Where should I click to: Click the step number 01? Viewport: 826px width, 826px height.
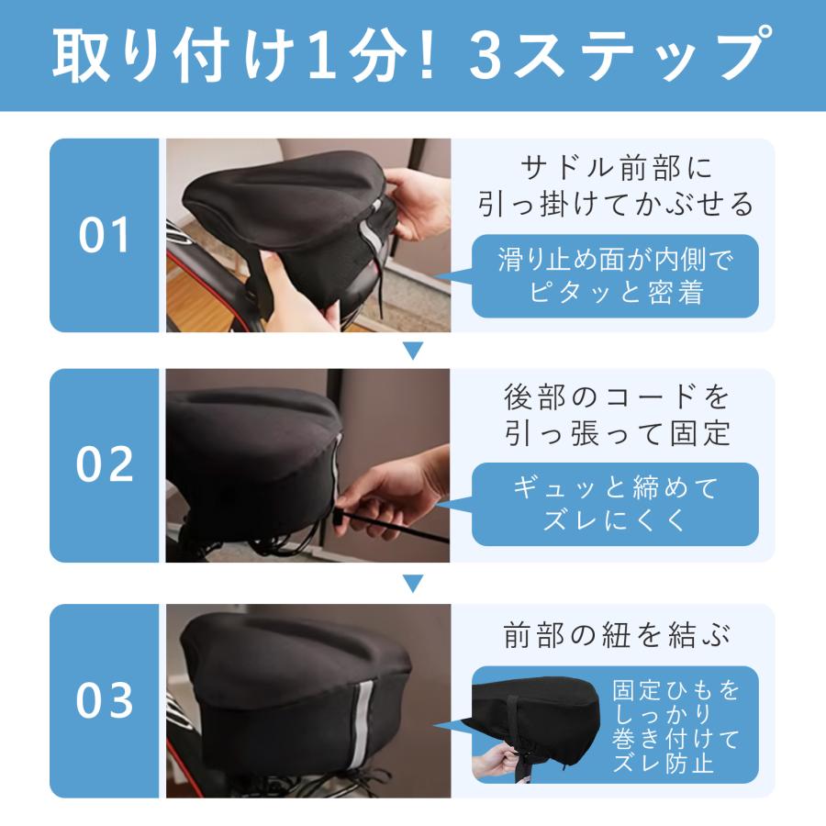(x=104, y=235)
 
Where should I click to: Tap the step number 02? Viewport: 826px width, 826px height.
(x=105, y=464)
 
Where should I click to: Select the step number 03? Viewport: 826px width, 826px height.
(x=105, y=699)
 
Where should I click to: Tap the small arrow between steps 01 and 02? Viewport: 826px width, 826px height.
(x=413, y=351)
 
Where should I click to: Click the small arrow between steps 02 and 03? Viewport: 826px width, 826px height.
(x=413, y=583)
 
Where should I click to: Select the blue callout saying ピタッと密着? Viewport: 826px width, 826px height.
(x=615, y=276)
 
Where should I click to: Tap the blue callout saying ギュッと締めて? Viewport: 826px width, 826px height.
(x=615, y=504)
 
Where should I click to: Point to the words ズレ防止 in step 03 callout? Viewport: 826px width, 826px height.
(x=663, y=761)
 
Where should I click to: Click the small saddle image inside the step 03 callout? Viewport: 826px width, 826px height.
(x=536, y=724)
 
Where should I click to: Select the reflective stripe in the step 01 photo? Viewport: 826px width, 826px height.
(x=373, y=233)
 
